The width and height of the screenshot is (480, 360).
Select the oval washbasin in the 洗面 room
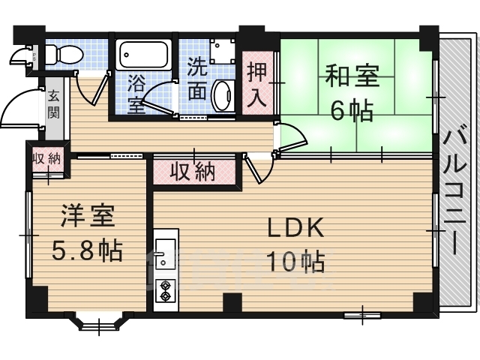tap(223, 94)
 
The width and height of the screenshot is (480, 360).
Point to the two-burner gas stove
tap(165, 289)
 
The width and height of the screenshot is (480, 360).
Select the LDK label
tap(295, 227)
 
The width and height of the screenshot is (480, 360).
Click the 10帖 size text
tap(295, 262)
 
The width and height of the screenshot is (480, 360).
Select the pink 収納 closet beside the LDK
tap(196, 172)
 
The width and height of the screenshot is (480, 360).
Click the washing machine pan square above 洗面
tap(223, 49)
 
